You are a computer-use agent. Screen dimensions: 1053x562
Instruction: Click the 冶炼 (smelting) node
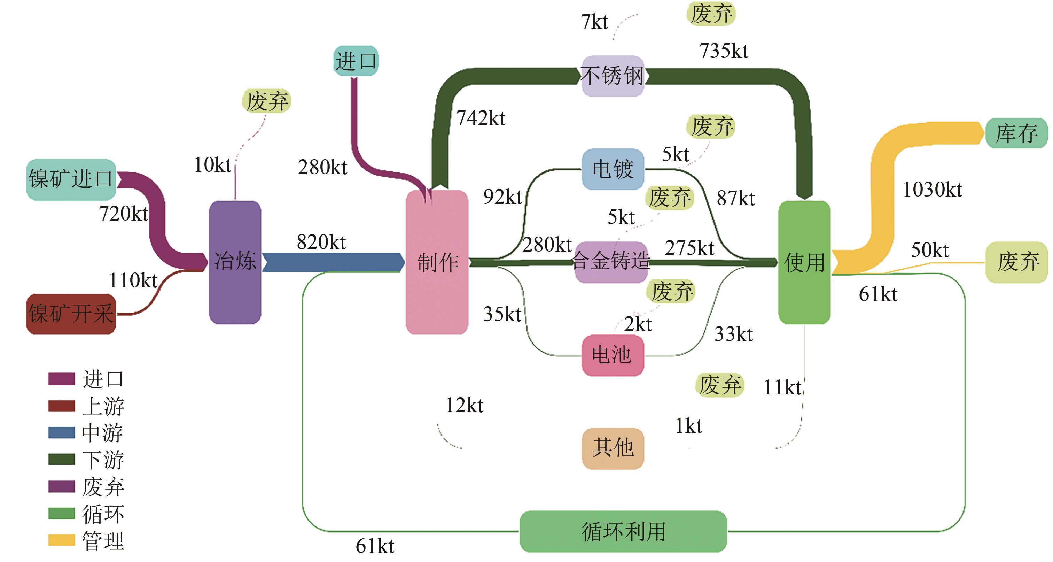click(x=235, y=262)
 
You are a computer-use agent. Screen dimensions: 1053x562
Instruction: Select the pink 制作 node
click(x=437, y=262)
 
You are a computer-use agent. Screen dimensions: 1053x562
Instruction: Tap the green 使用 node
click(x=804, y=262)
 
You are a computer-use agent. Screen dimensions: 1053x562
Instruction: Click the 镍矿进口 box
click(x=71, y=179)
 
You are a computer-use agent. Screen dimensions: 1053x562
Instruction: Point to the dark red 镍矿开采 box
click(x=71, y=314)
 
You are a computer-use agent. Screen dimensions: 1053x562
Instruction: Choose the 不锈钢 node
click(x=613, y=76)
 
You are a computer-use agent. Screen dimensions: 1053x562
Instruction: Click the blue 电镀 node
click(x=613, y=169)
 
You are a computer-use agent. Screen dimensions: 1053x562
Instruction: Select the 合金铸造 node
click(x=611, y=262)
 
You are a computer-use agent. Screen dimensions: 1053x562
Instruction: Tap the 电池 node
click(x=613, y=355)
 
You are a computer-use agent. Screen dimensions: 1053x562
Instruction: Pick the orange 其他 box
click(x=613, y=448)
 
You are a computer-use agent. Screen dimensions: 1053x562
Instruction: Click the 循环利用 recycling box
click(x=623, y=531)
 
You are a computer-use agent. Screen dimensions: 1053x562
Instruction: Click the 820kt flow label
click(x=321, y=242)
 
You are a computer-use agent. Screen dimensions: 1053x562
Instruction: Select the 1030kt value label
click(x=933, y=190)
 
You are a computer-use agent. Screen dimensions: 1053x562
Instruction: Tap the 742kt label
click(x=481, y=118)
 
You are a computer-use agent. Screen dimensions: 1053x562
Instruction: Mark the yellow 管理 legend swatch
click(x=61, y=540)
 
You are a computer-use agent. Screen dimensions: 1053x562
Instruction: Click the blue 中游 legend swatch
click(x=61, y=432)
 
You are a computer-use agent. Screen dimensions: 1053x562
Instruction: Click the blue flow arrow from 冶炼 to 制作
click(x=333, y=262)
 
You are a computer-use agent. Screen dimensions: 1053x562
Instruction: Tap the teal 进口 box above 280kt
click(x=356, y=61)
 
